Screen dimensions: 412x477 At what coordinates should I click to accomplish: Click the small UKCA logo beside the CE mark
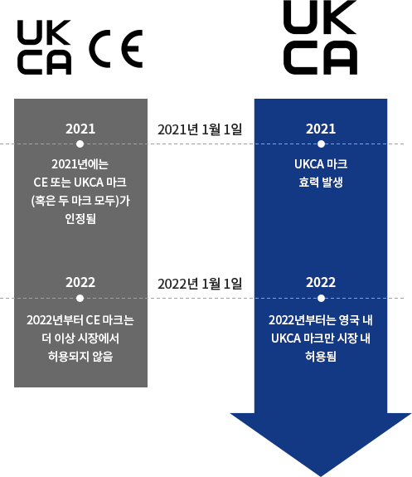pos(45,47)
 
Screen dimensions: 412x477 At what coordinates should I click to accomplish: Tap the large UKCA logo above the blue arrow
pos(321,37)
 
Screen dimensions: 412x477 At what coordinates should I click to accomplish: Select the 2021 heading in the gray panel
pos(80,129)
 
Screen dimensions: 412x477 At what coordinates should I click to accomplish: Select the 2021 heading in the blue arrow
pos(321,129)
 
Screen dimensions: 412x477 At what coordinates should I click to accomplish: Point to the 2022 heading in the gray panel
pos(80,282)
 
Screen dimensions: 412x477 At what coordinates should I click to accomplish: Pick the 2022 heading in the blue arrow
pos(321,282)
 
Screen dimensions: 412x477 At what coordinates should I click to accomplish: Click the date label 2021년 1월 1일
pos(200,129)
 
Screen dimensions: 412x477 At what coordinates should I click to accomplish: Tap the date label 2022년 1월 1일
pos(200,284)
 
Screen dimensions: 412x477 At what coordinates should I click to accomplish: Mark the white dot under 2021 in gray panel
pos(80,144)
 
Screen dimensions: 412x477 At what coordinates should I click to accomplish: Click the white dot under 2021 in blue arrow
pos(321,144)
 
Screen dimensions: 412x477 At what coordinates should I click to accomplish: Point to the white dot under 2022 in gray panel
pos(80,298)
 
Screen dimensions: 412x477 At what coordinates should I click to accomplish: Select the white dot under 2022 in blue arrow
pos(321,298)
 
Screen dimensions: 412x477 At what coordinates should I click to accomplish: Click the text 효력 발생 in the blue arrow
pos(321,183)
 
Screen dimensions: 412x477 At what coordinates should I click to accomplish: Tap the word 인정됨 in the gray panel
pos(80,218)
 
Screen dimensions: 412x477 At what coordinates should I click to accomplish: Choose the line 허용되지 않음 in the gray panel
pos(80,356)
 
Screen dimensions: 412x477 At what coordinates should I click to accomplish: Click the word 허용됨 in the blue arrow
pos(321,356)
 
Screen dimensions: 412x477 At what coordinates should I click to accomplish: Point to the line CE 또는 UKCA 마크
pos(80,183)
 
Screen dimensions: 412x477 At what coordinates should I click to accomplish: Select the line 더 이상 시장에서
pos(80,338)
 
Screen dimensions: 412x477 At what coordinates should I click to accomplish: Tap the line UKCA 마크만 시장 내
pos(321,338)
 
